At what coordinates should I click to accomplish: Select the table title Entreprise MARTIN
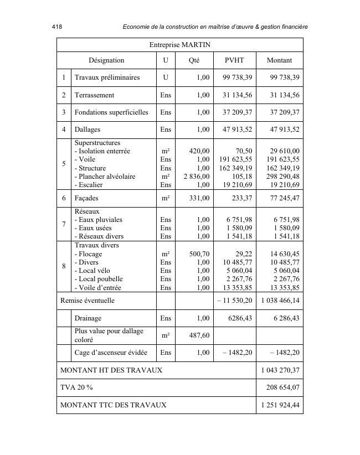click(x=179, y=44)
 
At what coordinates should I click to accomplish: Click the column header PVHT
click(x=234, y=60)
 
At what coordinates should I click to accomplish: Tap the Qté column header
click(x=193, y=60)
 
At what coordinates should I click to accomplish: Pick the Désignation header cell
click(x=106, y=60)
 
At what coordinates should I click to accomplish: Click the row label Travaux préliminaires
click(x=107, y=77)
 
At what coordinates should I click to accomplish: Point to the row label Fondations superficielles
click(x=111, y=112)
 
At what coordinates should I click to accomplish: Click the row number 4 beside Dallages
click(x=64, y=130)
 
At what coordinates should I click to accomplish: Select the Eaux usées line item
click(x=93, y=228)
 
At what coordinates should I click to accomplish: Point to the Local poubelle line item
click(x=99, y=279)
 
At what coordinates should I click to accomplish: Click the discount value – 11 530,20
click(x=234, y=301)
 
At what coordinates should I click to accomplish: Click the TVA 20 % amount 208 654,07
click(x=281, y=387)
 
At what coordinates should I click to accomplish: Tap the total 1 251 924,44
click(x=280, y=405)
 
